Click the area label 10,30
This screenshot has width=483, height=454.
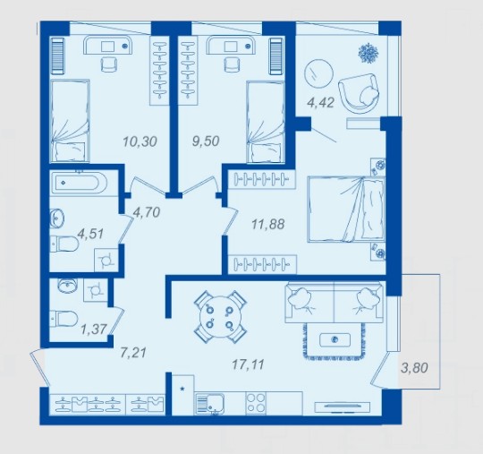click(x=140, y=141)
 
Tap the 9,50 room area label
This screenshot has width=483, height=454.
click(x=206, y=141)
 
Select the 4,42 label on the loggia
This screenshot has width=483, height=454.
click(x=321, y=103)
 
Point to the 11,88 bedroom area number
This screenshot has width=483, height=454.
click(x=268, y=224)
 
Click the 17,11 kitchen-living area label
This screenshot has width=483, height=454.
click(x=248, y=364)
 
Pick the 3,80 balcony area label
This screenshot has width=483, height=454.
click(x=415, y=368)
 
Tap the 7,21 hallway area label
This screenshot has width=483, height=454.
click(x=133, y=353)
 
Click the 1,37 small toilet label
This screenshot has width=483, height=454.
click(x=94, y=330)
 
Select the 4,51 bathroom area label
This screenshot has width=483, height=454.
click(x=90, y=234)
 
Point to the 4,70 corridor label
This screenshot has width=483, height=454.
click(x=147, y=212)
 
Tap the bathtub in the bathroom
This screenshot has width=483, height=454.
click(x=79, y=183)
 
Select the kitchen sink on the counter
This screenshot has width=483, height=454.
click(x=210, y=403)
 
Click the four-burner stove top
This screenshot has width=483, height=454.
click(x=256, y=403)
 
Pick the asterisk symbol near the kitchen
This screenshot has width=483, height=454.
click(x=182, y=390)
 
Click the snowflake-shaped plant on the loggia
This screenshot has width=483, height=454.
click(x=369, y=53)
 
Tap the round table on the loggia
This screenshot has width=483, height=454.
click(x=318, y=74)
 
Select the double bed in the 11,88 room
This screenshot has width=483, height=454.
click(x=346, y=210)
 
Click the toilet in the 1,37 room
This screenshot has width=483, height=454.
click(x=64, y=319)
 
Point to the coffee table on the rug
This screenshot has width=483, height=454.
click(x=335, y=340)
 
